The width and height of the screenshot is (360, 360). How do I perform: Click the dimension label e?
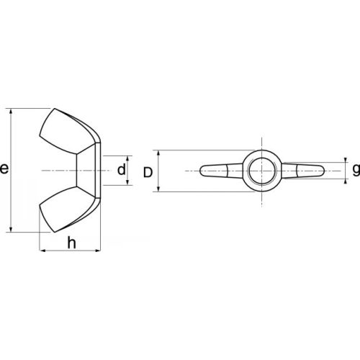point(5,170)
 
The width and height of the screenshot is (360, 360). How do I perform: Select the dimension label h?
point(71,243)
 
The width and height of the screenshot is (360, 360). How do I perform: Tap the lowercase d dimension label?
point(122,170)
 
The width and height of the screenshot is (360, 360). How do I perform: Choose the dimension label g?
point(355,170)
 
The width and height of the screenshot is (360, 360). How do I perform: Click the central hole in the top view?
point(260,171)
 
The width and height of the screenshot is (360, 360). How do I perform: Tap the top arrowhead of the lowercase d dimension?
point(130,158)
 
